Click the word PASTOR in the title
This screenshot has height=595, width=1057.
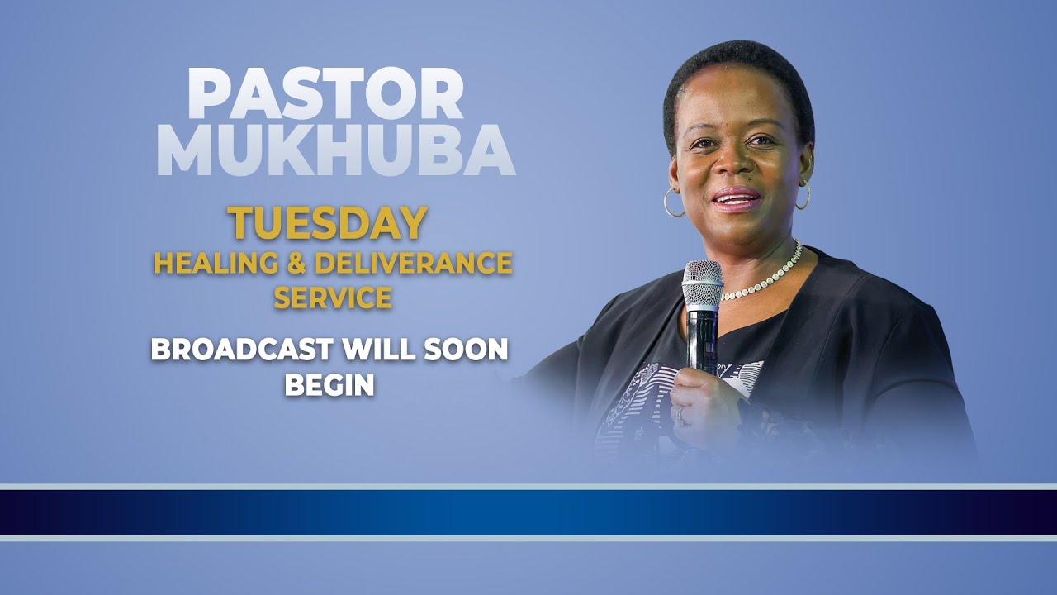325,93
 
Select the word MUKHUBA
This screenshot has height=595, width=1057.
336,152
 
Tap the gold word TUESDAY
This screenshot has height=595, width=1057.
327,223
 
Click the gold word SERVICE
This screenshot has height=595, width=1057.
333,297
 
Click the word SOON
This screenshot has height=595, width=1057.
467,350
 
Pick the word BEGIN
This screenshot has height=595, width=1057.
329,385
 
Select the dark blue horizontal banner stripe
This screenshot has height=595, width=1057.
528,512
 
